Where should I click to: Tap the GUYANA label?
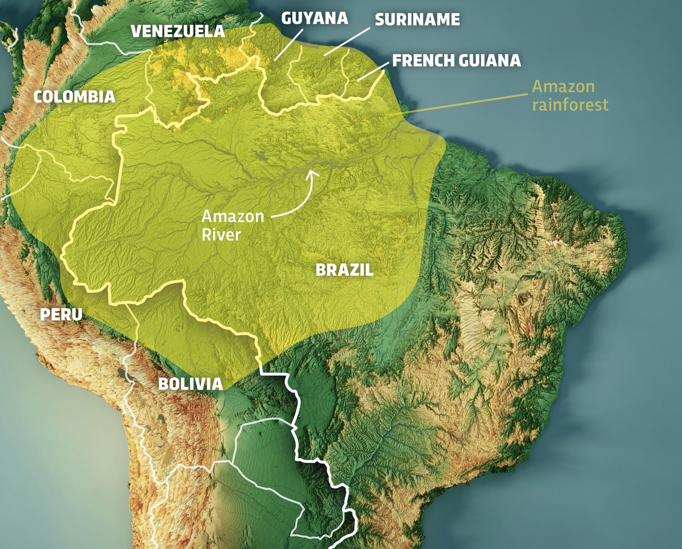pyautogui.click(x=315, y=18)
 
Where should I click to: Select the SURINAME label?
pyautogui.click(x=417, y=20)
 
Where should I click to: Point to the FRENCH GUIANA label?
pyautogui.click(x=456, y=61)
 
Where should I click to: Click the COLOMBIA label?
pyautogui.click(x=74, y=97)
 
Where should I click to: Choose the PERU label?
pyautogui.click(x=61, y=314)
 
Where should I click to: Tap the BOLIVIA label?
pyautogui.click(x=190, y=384)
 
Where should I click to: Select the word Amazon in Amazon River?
pyautogui.click(x=233, y=217)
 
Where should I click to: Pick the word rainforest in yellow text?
pyautogui.click(x=570, y=105)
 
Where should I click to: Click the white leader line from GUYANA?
pyautogui.click(x=289, y=44)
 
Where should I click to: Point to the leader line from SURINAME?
pyautogui.click(x=347, y=42)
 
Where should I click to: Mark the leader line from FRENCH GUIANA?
pyautogui.click(x=374, y=71)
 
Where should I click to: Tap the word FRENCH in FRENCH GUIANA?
pyautogui.click(x=423, y=61)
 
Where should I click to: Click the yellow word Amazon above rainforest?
pyautogui.click(x=563, y=87)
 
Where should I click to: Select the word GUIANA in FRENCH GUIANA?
pyautogui.click(x=489, y=61)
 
